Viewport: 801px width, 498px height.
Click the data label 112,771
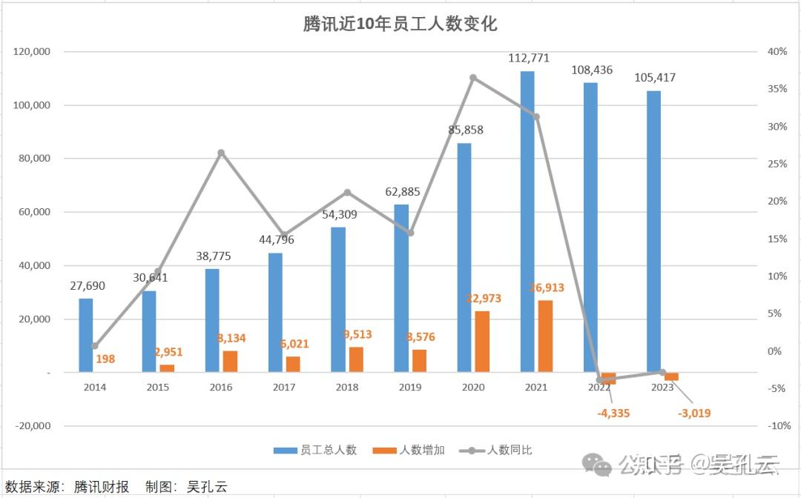[527, 58]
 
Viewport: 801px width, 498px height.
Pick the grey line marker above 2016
[221, 153]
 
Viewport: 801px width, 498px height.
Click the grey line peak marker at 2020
[473, 78]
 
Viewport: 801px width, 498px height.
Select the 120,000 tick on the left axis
[32, 52]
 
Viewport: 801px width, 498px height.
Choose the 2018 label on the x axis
[347, 387]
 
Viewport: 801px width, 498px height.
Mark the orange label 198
[105, 359]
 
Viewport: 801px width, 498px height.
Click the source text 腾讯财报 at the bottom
[102, 487]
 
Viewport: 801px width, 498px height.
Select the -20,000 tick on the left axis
[32, 426]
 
